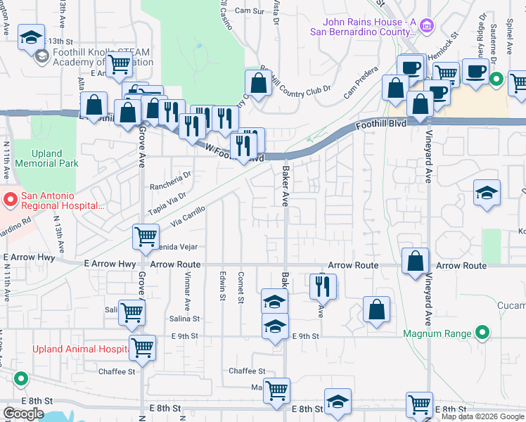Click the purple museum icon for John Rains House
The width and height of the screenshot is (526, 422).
click(425, 27)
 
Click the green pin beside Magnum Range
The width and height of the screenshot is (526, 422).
click(482, 332)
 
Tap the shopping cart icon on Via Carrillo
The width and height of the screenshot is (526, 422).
click(146, 238)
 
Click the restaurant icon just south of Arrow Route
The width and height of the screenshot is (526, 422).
click(323, 287)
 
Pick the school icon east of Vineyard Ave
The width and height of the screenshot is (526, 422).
click(486, 193)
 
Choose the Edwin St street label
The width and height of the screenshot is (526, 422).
click(222, 286)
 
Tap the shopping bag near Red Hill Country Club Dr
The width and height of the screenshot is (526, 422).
click(259, 84)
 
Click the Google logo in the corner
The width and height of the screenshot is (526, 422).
click(23, 414)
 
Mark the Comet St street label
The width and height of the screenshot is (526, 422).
click(241, 285)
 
